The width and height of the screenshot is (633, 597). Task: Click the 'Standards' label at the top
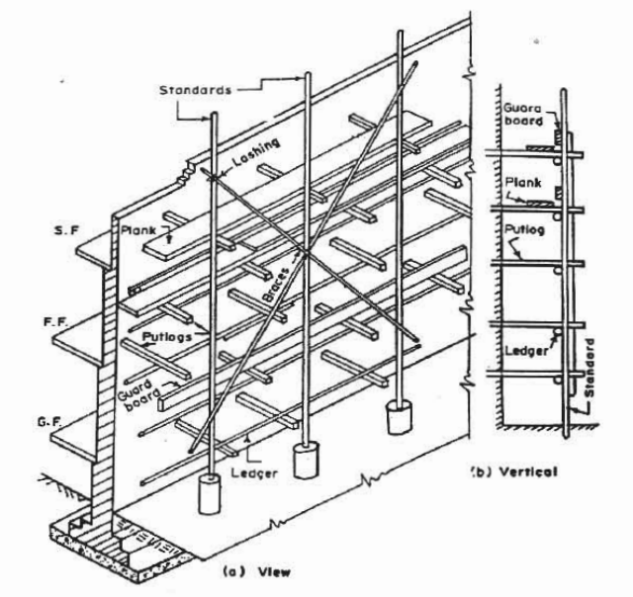196,90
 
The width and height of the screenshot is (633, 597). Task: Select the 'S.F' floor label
66,230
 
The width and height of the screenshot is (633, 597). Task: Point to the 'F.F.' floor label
56,322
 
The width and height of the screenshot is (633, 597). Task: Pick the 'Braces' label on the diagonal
277,285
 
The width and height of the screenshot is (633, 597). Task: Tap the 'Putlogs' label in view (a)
167,336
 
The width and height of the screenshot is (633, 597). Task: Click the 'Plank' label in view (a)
138,230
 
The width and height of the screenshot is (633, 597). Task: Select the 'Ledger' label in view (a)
254,472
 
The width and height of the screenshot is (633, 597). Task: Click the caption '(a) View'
257,571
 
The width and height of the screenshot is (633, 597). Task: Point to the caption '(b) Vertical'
515,471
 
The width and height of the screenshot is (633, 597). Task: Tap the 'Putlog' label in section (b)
524,229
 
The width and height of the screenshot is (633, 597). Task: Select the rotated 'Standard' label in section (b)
589,368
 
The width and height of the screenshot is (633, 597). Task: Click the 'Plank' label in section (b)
523,183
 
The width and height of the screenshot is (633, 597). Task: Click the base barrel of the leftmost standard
210,494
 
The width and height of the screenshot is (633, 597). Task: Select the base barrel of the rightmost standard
400,417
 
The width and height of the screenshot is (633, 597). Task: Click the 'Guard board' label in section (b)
523,114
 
